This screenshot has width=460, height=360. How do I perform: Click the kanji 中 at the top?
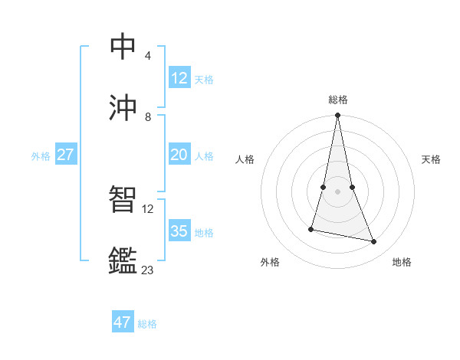[123, 46]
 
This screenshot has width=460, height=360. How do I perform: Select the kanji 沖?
[123, 107]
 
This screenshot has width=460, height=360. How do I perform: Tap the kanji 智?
[123, 199]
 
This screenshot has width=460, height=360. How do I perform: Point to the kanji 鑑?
[123, 260]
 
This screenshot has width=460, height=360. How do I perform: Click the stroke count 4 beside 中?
[148, 56]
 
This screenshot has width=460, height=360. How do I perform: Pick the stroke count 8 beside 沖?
[148, 117]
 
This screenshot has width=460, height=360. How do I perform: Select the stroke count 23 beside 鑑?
[147, 270]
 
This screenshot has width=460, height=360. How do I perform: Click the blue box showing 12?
[179, 78]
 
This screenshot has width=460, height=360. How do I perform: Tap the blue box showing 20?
[179, 155]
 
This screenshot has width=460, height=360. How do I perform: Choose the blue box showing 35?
[179, 231]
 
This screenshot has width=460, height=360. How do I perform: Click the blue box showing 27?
[66, 155]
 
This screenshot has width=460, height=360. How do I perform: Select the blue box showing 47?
[123, 322]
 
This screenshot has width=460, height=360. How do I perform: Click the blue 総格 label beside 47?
[147, 324]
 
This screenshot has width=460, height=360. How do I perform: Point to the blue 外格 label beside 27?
[41, 156]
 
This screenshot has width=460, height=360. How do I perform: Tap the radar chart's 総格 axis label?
[338, 100]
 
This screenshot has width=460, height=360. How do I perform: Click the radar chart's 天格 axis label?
[431, 159]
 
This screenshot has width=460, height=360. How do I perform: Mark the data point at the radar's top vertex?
[337, 116]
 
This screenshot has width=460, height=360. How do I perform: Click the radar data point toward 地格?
[374, 242]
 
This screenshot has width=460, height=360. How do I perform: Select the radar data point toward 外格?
[311, 229]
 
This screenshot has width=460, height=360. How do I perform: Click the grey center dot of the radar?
[337, 191]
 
